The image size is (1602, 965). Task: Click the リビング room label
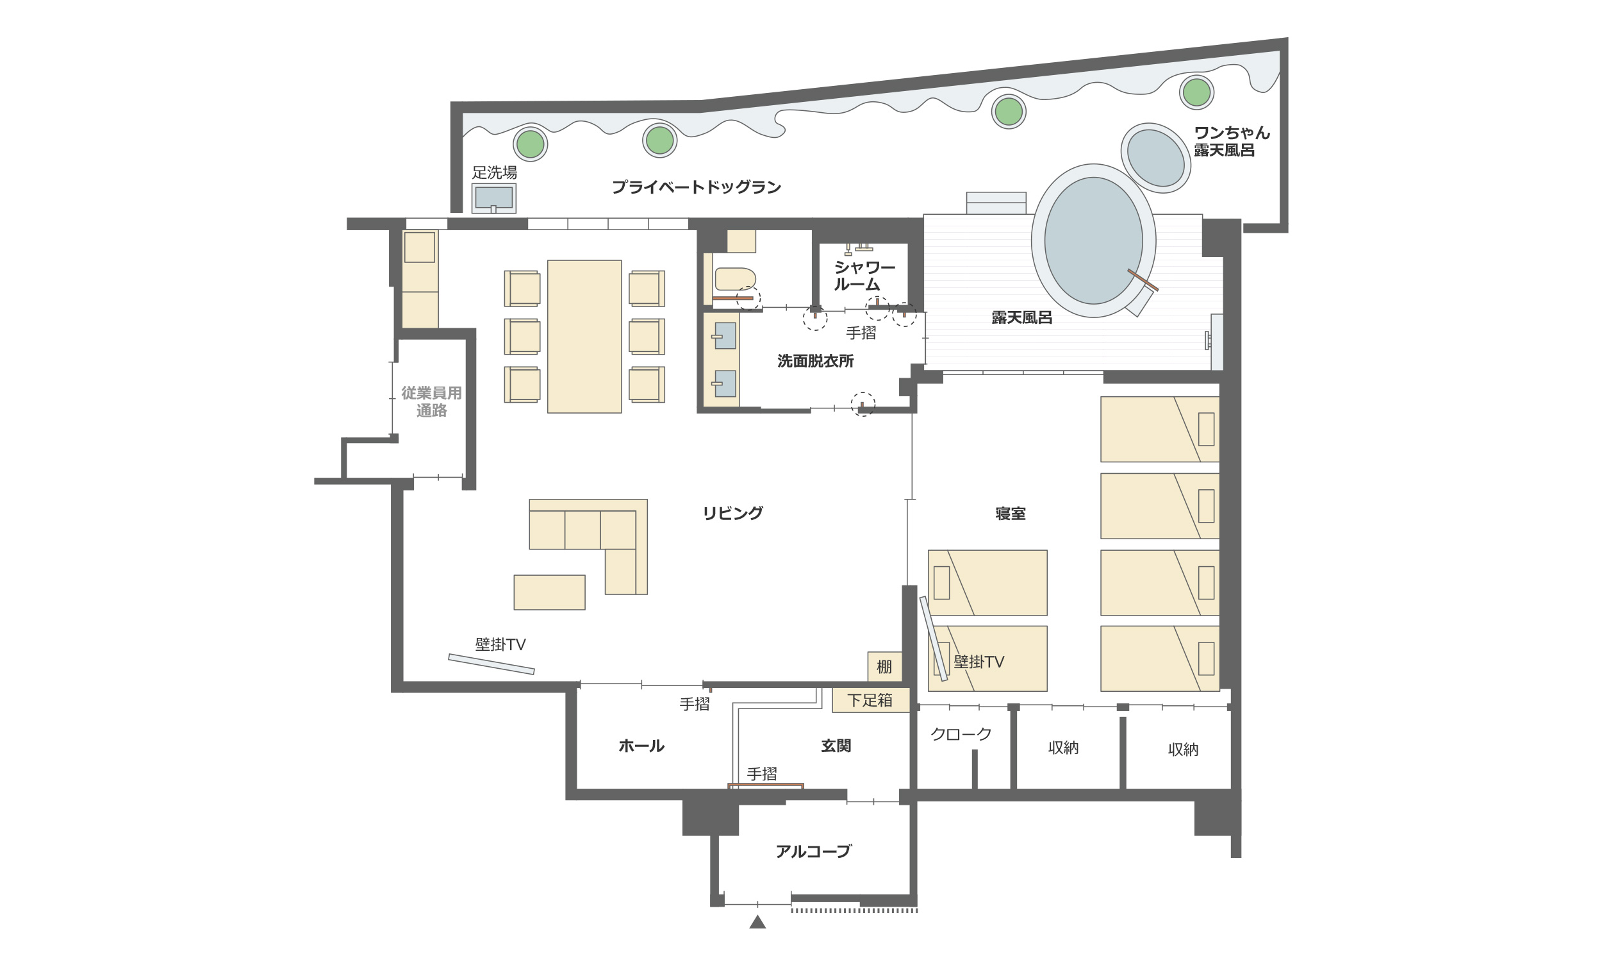coord(732,513)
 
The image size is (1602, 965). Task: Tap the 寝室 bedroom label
coord(1010,514)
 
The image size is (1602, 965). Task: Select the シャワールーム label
coord(864,276)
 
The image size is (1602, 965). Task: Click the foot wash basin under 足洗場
coord(493,197)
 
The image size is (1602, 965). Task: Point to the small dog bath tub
coord(1155,158)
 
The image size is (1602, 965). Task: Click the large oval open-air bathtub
coord(1093,240)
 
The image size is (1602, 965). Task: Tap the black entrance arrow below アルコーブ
coord(757,922)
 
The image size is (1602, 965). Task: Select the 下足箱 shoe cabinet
coord(870,700)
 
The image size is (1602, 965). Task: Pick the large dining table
coord(584,336)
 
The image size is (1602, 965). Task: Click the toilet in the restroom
coord(735,279)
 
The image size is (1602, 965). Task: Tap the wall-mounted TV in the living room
coord(491,664)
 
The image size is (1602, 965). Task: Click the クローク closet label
coord(961,734)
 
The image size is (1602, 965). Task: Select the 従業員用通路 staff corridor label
coord(431,402)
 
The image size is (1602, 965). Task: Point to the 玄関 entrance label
coord(836,746)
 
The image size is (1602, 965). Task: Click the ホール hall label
coord(641,746)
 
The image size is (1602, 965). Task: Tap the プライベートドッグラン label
coord(696,187)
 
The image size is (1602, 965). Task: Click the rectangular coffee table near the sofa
coord(549,592)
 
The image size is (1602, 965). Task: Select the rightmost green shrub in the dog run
coord(1196,92)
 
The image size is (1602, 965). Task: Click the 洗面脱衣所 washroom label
coord(816,361)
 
